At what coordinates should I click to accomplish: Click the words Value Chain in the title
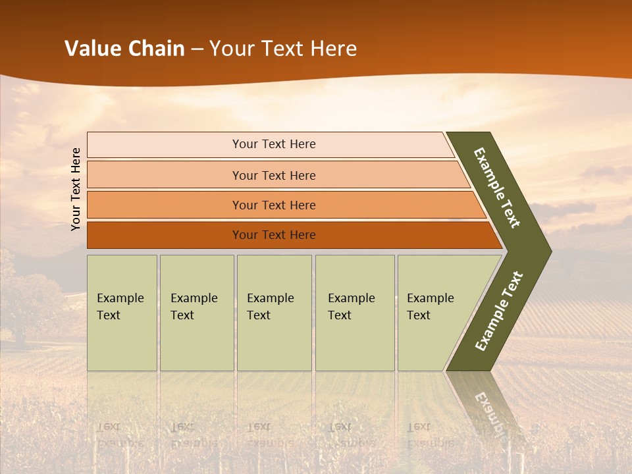point(124,49)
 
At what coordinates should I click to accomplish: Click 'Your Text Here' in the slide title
point(283,49)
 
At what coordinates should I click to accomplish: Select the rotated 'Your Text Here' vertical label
point(76,189)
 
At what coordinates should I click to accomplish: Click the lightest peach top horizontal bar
point(165,145)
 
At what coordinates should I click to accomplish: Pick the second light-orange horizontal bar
point(165,175)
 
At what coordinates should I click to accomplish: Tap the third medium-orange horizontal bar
point(165,205)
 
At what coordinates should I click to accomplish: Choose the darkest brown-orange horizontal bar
point(165,235)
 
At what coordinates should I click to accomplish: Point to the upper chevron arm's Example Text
point(497,188)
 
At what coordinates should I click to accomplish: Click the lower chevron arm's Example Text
point(499,311)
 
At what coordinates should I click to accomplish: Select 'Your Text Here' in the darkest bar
point(274,235)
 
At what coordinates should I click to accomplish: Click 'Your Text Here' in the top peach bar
point(274,144)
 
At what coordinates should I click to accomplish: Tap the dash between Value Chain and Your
point(197,49)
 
